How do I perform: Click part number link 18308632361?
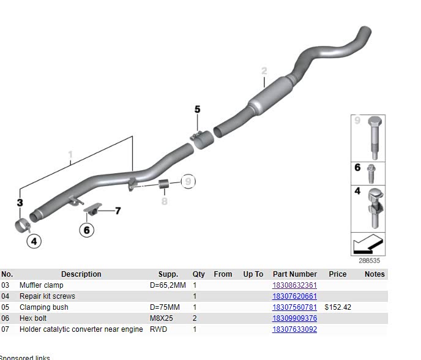pos(294,285)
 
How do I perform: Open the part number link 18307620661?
pos(294,296)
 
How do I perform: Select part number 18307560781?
pos(294,307)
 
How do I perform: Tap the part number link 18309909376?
pos(294,318)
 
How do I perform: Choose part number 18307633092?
pos(294,329)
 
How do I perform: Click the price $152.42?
pos(338,307)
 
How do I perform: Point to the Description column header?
pos(81,274)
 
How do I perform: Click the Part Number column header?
pos(294,274)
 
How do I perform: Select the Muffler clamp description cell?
pos(41,285)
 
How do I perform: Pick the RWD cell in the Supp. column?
pos(158,329)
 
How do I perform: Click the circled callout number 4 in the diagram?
pos(34,242)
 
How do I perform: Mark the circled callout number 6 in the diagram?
pos(87,230)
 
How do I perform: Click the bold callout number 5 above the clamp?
pos(197,110)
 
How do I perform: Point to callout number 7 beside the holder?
pos(117,211)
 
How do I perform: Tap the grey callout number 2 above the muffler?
pos(264,71)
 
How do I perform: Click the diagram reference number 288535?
pos(369,260)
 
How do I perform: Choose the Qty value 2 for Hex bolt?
pos(195,318)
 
